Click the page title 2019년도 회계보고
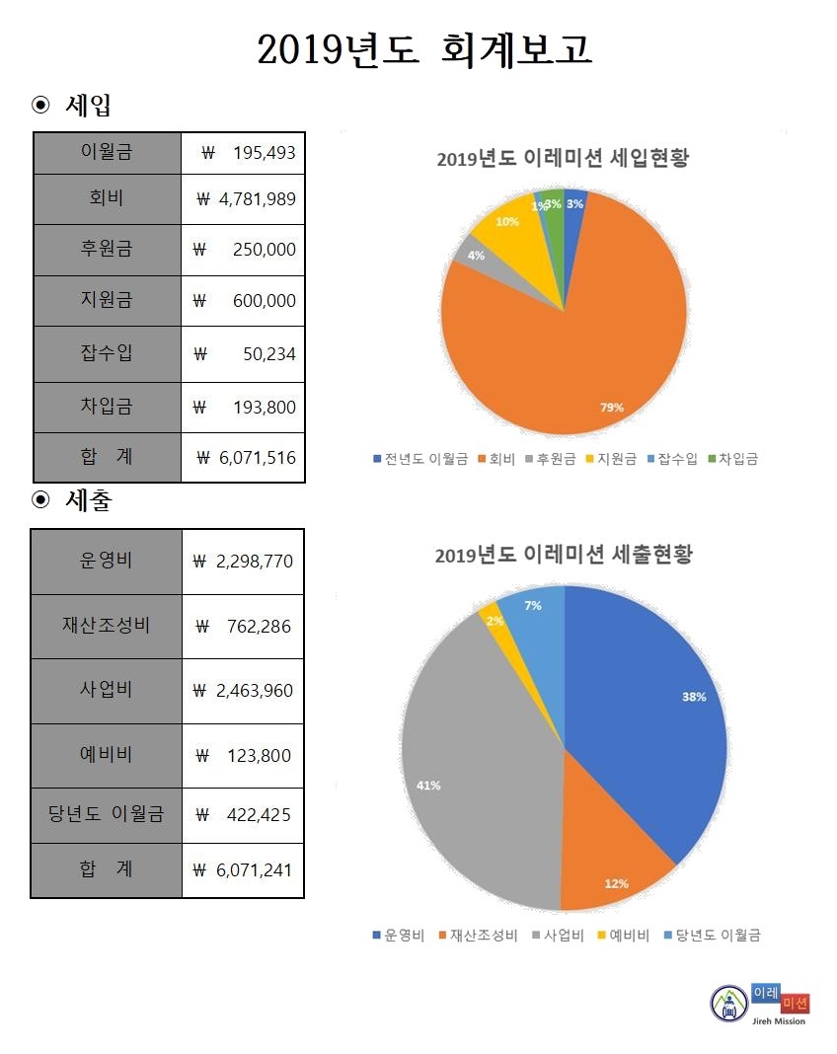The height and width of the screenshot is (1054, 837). (424, 49)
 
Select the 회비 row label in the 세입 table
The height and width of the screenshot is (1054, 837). (107, 199)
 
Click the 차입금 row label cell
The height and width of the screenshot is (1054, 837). (107, 406)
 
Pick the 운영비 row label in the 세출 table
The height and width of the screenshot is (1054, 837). (107, 561)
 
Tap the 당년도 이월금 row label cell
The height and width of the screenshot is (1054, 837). (107, 814)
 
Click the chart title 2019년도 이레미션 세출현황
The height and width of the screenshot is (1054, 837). (564, 555)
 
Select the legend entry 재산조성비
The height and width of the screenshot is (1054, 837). (483, 936)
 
